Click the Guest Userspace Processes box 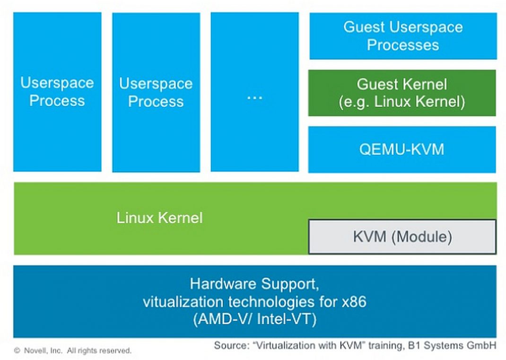403,36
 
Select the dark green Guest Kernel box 402,93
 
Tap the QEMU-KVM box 402,149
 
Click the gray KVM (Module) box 402,237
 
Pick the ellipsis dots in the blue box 254,97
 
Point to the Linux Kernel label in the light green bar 159,218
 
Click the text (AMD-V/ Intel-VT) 254,320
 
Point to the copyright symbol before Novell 17,351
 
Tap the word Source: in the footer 231,345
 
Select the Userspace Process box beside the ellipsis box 156,92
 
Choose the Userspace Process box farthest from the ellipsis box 57,92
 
